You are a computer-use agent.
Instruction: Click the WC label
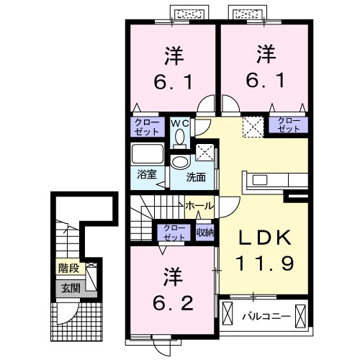click(179, 122)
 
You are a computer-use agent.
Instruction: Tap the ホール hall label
click(199, 206)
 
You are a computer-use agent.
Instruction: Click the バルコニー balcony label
click(264, 315)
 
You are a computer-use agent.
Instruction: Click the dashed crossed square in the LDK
click(252, 127)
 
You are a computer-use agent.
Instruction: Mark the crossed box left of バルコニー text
click(229, 315)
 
